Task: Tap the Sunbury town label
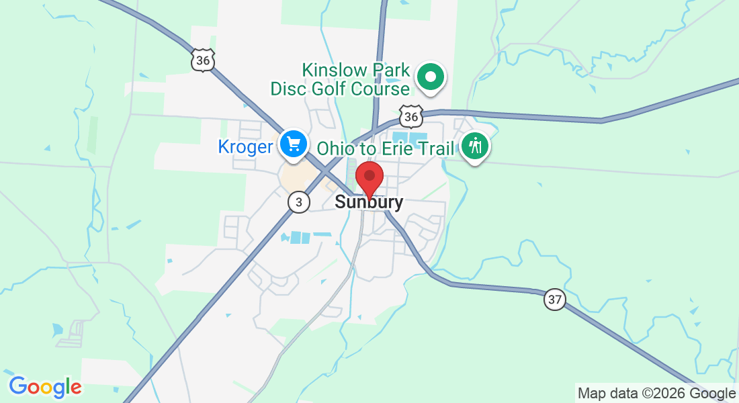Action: pyautogui.click(x=369, y=202)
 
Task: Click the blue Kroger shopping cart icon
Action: pyautogui.click(x=294, y=144)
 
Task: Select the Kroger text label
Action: pyautogui.click(x=245, y=147)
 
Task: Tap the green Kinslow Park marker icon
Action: pyautogui.click(x=431, y=77)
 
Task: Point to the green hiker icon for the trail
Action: pyautogui.click(x=475, y=146)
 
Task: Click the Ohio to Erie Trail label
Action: pyautogui.click(x=386, y=148)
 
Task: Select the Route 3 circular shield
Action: pyautogui.click(x=299, y=201)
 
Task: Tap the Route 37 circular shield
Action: pyautogui.click(x=554, y=300)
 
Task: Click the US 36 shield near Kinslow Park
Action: pyautogui.click(x=410, y=117)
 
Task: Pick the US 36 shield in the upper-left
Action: pyautogui.click(x=202, y=60)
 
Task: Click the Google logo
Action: pyautogui.click(x=45, y=387)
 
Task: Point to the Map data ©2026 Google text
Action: pyautogui.click(x=656, y=394)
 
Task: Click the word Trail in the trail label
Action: pyautogui.click(x=438, y=148)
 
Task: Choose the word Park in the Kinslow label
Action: pyautogui.click(x=393, y=70)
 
